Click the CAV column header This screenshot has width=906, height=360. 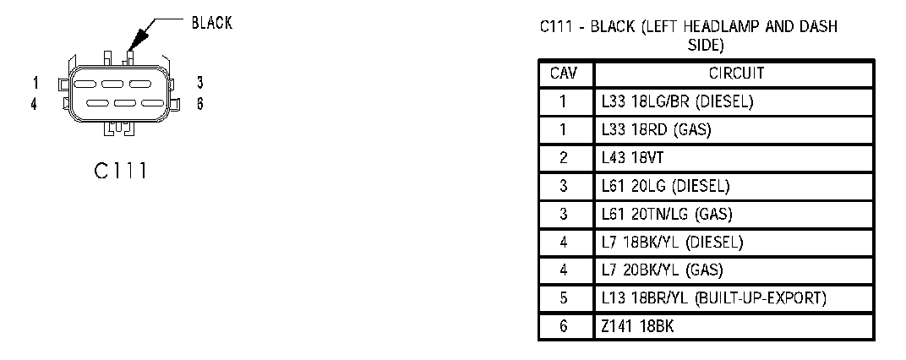click(x=564, y=74)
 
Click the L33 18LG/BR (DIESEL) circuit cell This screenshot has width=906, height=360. click(x=677, y=102)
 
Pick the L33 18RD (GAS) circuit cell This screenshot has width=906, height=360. click(x=657, y=130)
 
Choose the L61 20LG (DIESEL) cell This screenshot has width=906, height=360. click(x=665, y=186)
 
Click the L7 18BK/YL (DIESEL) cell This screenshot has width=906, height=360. click(x=672, y=243)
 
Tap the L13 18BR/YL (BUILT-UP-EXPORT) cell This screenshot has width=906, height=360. click(x=713, y=299)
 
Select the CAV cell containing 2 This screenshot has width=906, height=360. click(x=564, y=158)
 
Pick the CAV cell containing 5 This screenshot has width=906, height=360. click(x=564, y=299)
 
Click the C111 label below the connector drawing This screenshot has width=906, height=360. click(x=121, y=171)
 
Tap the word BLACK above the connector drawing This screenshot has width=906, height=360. click(x=212, y=24)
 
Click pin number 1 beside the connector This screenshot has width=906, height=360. click(x=35, y=83)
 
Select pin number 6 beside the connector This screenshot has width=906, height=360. click(x=199, y=104)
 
